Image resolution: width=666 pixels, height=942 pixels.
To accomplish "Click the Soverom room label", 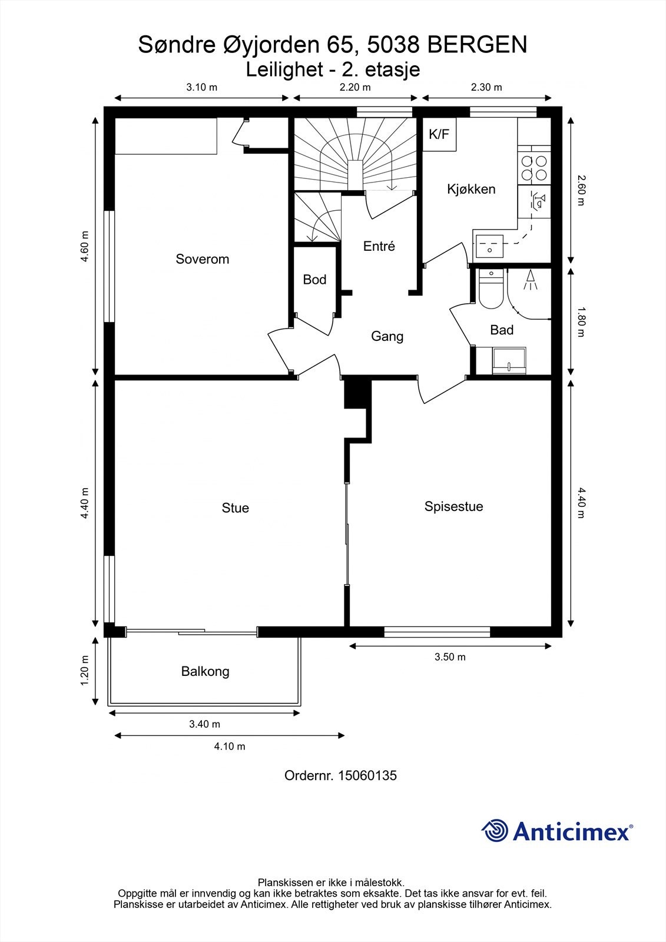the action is click(x=203, y=259).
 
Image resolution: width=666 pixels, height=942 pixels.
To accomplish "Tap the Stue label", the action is click(x=235, y=508).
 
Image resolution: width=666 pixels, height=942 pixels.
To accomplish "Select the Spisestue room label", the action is click(x=453, y=506).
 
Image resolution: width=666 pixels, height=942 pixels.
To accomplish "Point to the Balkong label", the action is click(x=206, y=671).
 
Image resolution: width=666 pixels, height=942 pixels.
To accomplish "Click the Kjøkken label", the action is click(x=471, y=189).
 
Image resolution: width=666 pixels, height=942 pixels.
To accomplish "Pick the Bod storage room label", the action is click(x=314, y=280).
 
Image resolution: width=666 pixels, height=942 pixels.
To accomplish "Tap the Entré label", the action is click(x=379, y=246).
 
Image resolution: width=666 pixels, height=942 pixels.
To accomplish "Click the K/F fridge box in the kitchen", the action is click(x=439, y=135).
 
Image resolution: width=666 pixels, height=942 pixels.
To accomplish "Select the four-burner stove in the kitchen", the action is click(x=534, y=168).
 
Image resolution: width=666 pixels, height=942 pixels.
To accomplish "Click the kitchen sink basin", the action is click(x=490, y=246).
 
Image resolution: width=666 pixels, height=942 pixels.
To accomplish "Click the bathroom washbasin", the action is click(x=509, y=360).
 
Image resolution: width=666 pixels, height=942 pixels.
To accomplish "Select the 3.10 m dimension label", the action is click(x=202, y=88).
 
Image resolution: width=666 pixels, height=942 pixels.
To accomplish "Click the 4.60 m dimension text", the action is click(x=85, y=247).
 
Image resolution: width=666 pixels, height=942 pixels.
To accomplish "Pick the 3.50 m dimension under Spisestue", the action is click(x=450, y=657).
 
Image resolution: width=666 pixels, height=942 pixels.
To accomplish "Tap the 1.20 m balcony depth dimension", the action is click(x=85, y=671).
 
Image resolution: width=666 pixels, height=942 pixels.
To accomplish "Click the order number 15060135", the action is click(x=367, y=775).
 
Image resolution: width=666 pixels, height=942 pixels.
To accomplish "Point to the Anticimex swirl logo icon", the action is click(x=495, y=831).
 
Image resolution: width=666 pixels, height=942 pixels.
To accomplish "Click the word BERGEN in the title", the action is click(x=477, y=45).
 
